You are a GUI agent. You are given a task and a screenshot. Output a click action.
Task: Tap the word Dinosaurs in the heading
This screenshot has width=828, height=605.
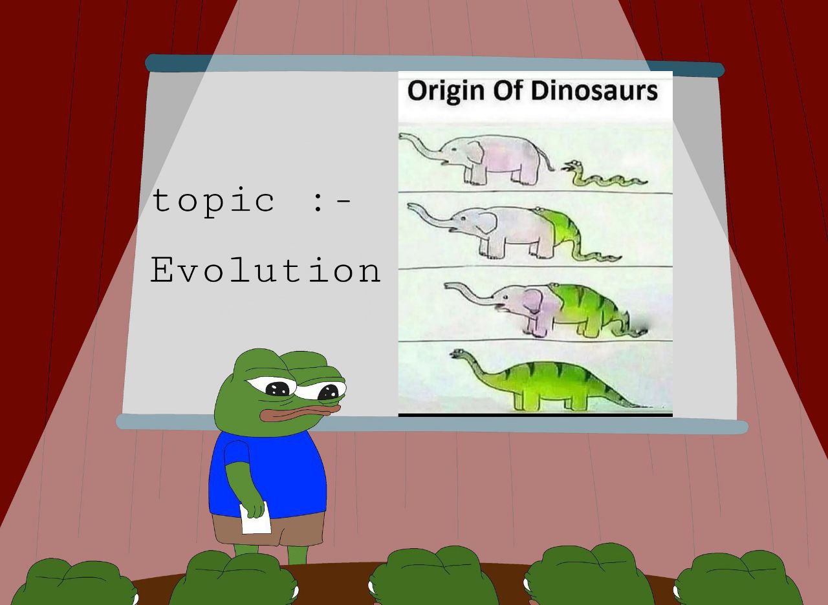coord(594,91)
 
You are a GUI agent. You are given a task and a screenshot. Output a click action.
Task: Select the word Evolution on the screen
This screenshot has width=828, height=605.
coord(265,270)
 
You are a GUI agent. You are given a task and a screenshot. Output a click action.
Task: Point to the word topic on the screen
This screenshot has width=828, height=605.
coord(213,202)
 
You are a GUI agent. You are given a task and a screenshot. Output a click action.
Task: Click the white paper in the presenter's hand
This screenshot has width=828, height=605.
coord(255,518)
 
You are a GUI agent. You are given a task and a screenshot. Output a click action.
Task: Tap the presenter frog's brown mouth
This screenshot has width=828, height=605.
coord(300,412)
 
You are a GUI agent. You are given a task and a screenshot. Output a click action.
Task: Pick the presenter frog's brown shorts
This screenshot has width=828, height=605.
coord(268,529)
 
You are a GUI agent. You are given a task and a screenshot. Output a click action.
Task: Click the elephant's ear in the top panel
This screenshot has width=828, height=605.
coord(475,151)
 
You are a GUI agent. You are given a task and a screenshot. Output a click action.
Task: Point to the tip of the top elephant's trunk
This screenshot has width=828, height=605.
coord(400,136)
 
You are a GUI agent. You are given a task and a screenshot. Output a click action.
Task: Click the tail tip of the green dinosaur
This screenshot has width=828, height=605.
coord(649,407)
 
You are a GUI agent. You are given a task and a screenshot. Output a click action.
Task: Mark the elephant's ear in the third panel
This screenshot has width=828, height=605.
coord(532,301)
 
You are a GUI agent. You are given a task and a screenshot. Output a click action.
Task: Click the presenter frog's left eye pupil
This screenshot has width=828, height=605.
coord(278,388)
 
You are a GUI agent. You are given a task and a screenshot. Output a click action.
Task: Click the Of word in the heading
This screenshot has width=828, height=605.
coord(507,90)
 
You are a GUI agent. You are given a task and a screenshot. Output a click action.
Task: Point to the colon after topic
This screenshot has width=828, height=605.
coord(317,202)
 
